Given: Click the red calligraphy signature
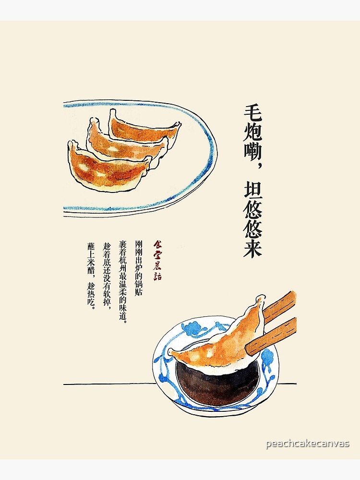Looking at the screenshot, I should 157,260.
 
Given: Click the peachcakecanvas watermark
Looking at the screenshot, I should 308,444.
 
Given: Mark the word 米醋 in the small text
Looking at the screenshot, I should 91,265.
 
